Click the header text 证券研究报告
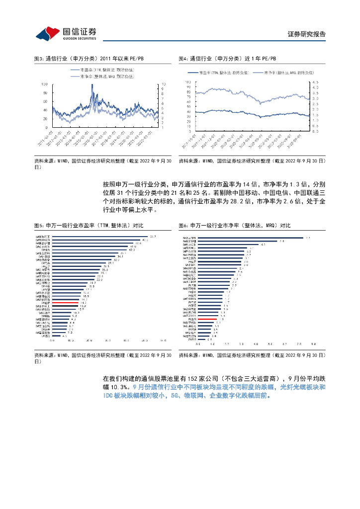307,34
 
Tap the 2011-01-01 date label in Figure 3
47,136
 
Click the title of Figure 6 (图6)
234,226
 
